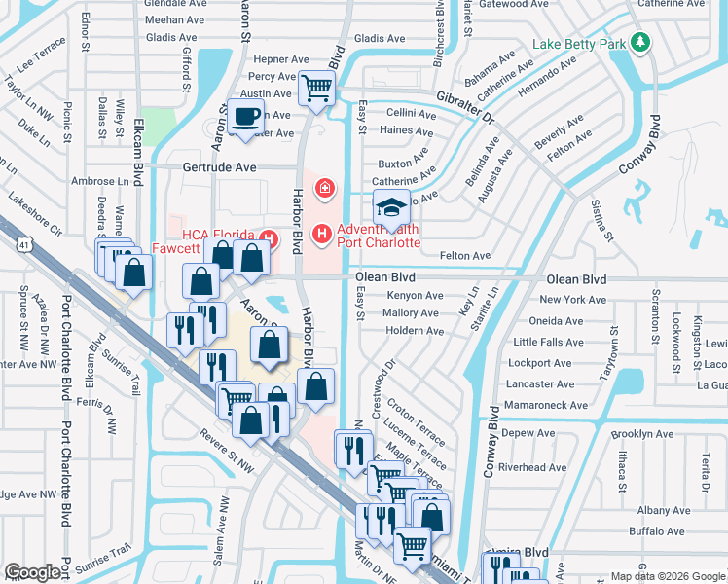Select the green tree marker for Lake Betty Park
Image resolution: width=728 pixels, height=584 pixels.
(639, 42)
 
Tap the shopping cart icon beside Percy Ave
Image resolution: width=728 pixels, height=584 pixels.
(316, 88)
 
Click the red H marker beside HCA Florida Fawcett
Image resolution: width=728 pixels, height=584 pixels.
(266, 237)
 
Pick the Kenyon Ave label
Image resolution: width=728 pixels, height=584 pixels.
(415, 296)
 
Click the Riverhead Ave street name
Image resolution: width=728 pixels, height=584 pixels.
(532, 467)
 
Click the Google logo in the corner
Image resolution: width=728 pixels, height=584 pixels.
(33, 572)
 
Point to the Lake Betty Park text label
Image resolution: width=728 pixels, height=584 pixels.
(579, 44)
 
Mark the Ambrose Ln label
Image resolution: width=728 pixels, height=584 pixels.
(100, 181)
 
